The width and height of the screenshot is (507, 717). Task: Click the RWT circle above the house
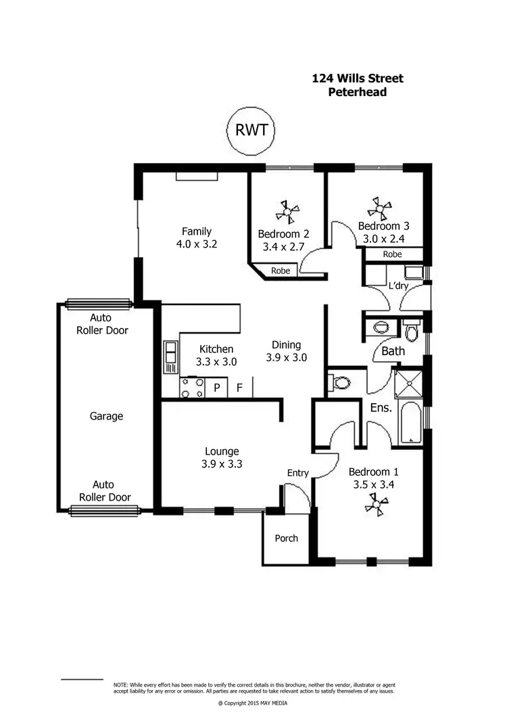(251, 130)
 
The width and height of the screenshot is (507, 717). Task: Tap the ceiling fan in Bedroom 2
(287, 214)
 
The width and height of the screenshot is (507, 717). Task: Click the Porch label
(286, 538)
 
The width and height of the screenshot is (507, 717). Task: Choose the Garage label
(107, 416)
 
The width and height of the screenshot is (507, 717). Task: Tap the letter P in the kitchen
(217, 388)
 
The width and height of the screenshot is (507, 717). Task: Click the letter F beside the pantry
(239, 388)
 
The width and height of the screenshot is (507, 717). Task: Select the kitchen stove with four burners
(192, 388)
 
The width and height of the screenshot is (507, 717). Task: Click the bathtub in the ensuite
(411, 423)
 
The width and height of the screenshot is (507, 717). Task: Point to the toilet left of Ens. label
(340, 384)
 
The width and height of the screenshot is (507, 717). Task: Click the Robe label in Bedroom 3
(393, 255)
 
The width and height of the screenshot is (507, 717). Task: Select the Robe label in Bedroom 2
(281, 271)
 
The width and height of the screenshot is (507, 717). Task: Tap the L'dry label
(397, 286)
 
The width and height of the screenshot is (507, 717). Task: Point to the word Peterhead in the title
(357, 92)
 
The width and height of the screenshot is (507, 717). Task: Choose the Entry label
(297, 473)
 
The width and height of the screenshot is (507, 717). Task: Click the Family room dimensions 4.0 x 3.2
(197, 244)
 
